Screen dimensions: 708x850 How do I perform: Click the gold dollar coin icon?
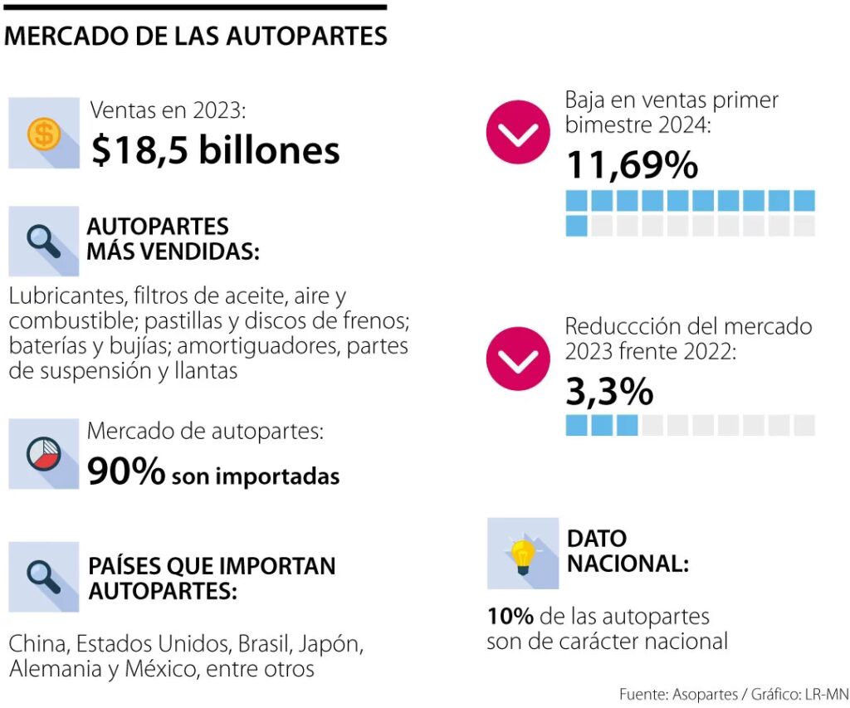point(42,133)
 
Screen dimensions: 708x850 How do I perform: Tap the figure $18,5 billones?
point(215,151)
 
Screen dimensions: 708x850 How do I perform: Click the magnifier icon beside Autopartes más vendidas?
point(42,240)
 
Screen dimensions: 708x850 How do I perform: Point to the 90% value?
point(126,471)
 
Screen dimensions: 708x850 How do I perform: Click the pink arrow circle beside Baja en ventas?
point(518,132)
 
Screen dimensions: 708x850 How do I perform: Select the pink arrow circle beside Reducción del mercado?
point(518,359)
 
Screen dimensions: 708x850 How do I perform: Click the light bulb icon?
point(522,554)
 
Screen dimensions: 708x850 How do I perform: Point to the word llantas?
point(208,370)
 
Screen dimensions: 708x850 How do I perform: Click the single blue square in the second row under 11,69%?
point(577,226)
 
